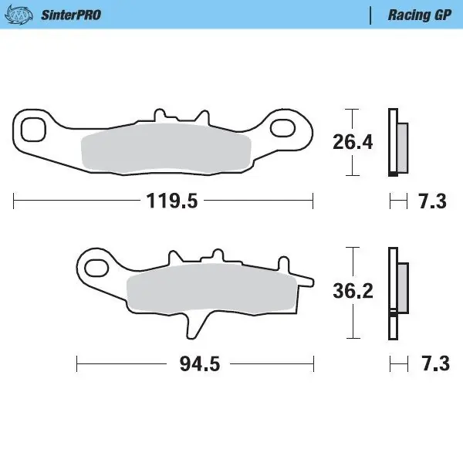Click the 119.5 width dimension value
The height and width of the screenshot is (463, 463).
coord(173,202)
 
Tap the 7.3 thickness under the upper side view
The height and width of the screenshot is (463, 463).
coord(432,202)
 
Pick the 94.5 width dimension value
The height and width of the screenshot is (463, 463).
coord(194,363)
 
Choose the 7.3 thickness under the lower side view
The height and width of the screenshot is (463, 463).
coord(432,363)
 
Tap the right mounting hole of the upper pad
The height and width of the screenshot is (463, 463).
coord(283,130)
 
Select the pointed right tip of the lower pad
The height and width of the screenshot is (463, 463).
coord(310,279)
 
